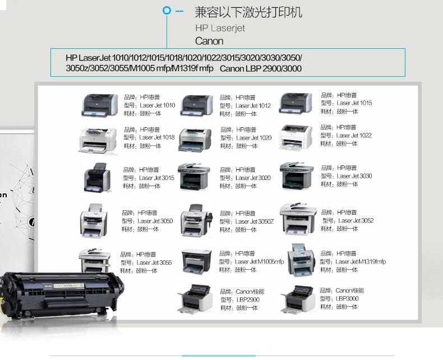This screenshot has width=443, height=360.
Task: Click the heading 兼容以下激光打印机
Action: click(x=248, y=12)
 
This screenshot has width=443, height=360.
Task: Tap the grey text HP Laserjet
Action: click(x=220, y=28)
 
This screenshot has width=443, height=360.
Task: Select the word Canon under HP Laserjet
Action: click(x=209, y=41)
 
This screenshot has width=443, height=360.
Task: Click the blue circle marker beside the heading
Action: click(x=167, y=11)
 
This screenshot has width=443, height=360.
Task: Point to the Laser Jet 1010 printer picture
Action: click(x=100, y=105)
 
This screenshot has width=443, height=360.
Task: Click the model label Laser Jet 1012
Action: click(x=253, y=105)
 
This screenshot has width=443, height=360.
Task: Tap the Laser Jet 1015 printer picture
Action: click(x=296, y=104)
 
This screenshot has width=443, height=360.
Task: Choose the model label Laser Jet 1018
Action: click(x=157, y=137)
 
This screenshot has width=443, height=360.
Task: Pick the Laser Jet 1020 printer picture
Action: click(x=195, y=140)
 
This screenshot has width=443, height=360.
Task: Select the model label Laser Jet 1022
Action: click(x=354, y=135)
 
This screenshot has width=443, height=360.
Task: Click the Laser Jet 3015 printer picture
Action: click(x=97, y=178)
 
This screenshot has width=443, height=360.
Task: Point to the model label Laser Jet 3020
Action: click(x=253, y=178)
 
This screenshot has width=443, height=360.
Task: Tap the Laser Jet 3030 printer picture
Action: click(x=297, y=176)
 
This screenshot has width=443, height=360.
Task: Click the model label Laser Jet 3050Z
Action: click(x=255, y=221)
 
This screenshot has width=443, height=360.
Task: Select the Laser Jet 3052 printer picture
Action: click(x=298, y=219)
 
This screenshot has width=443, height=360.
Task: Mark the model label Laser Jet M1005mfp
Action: click(x=260, y=262)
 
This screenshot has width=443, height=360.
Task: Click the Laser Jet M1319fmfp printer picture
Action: click(x=301, y=260)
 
